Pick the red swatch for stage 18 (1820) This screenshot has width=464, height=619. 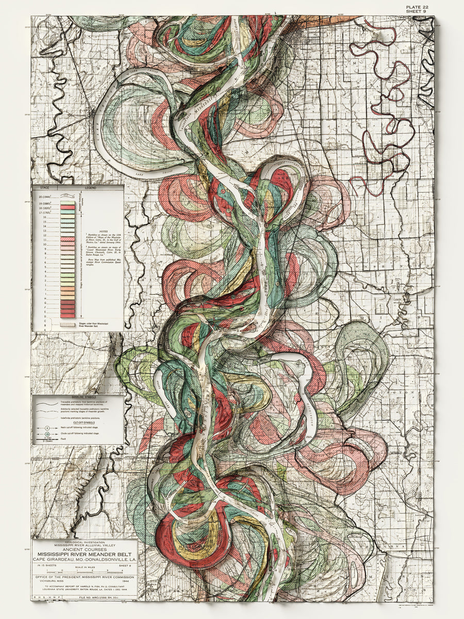click(68, 211)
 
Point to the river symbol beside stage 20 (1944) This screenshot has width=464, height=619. click(68, 197)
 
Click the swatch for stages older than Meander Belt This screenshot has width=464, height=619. click(68, 325)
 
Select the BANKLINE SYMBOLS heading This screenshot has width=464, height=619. click(77, 398)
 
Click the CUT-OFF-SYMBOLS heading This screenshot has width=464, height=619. click(77, 422)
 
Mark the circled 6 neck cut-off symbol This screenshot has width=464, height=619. click(47, 428)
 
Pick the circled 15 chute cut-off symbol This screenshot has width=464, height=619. click(47, 435)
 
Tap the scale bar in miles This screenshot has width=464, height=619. click(84, 571)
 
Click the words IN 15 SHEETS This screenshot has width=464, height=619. click(45, 565)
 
